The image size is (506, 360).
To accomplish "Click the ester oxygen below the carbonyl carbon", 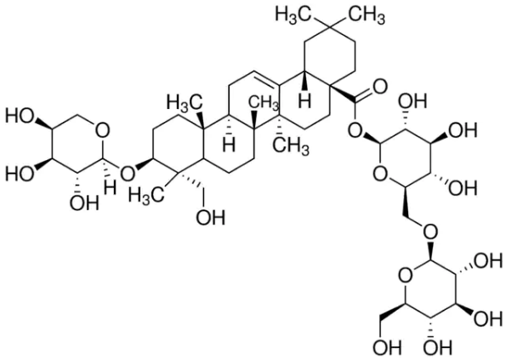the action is [355, 131].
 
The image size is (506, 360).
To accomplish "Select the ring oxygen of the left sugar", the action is [102, 131].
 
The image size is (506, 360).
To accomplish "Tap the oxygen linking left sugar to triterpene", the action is [128, 174].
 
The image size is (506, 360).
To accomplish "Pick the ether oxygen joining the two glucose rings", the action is [431, 231].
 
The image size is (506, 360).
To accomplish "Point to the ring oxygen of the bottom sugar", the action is [406, 276].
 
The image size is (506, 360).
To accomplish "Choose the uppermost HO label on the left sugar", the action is [20, 117].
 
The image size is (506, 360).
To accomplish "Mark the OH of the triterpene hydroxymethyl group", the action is [211, 218].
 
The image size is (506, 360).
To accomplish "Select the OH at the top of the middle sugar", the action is [412, 101].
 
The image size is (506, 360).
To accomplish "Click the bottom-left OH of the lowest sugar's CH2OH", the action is [387, 348].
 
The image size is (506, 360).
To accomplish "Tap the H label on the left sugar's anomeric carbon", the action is [110, 188].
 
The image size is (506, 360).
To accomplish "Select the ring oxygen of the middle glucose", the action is [380, 174].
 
